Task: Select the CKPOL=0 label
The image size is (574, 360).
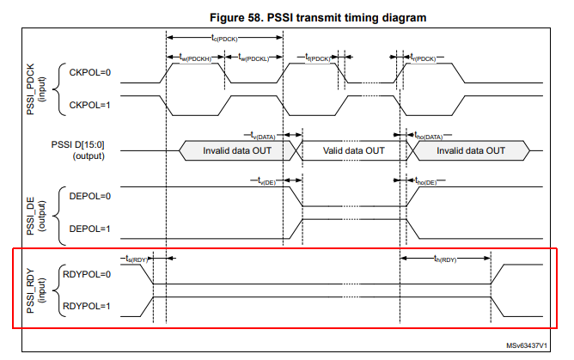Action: click(x=89, y=73)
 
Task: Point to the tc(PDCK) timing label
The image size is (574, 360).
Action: click(x=225, y=38)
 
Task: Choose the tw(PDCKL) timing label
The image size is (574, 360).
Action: click(x=253, y=57)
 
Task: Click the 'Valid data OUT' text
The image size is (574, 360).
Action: click(x=353, y=150)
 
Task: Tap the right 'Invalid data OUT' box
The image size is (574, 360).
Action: click(x=470, y=150)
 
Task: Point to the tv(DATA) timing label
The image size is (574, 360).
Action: click(x=263, y=135)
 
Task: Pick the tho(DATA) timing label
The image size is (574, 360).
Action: click(x=429, y=135)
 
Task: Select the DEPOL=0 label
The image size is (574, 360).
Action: click(x=89, y=197)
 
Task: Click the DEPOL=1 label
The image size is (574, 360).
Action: click(x=89, y=228)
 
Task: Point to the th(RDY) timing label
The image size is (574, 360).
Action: click(x=446, y=258)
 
